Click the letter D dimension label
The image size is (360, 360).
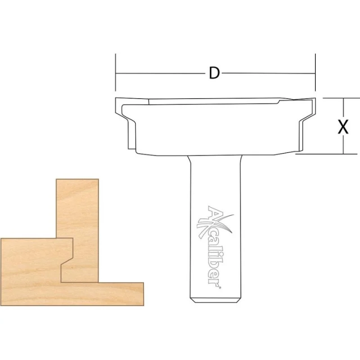pyautogui.click(x=214, y=73)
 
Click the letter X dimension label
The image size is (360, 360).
pyautogui.click(x=343, y=126)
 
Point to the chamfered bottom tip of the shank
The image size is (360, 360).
pyautogui.click(x=215, y=300)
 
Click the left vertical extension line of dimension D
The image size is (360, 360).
pyautogui.click(x=116, y=72)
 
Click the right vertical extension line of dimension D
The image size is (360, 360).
pyautogui.click(x=315, y=72)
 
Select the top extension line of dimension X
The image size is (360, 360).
pyautogui.click(x=341, y=98)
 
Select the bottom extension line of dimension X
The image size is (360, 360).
pyautogui.click(x=326, y=154)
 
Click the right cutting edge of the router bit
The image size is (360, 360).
pyautogui.click(x=306, y=124)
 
